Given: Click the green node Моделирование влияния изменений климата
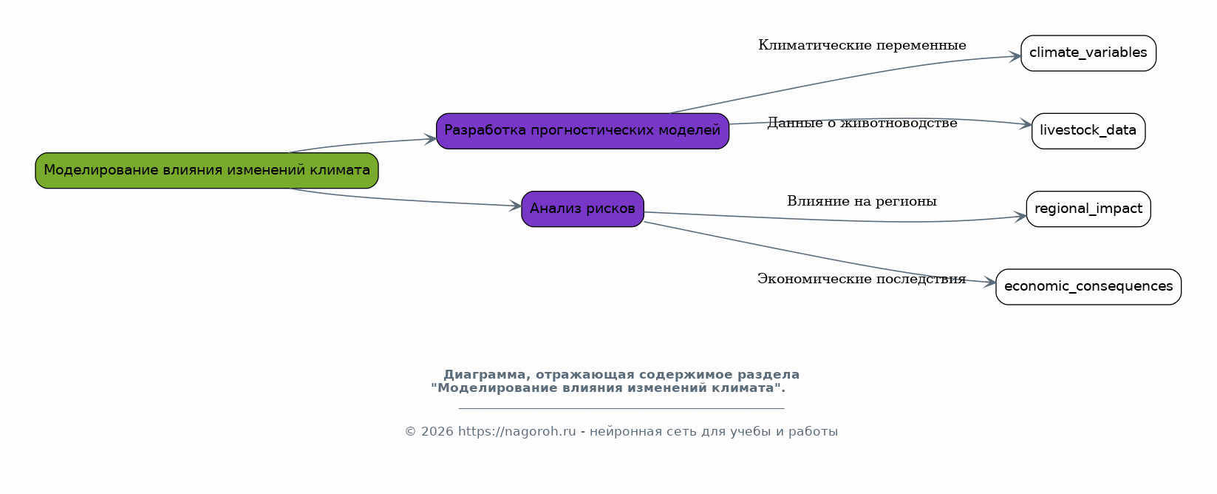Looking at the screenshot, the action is [206, 171].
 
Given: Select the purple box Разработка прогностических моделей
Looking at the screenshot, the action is [582, 131].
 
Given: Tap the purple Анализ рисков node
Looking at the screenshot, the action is [582, 209].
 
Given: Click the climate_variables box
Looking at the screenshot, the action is [1088, 53].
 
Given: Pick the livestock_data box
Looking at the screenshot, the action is [1088, 131].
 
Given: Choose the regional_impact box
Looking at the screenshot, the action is [1088, 209].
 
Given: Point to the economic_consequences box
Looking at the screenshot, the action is [1088, 287].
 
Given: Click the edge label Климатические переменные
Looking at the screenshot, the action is [862, 46].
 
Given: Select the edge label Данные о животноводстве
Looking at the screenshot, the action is [862, 123].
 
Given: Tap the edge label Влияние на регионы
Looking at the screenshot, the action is [862, 202].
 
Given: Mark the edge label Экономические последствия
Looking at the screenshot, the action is [862, 280].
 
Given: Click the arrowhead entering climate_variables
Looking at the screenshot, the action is [1015, 56].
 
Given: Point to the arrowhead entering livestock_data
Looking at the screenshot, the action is [1026, 124].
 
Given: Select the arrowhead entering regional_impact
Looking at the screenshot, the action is [1020, 217].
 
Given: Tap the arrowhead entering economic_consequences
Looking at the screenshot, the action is [990, 282].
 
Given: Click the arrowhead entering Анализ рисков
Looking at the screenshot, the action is [516, 206].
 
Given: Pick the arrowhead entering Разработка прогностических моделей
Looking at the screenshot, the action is [430, 139].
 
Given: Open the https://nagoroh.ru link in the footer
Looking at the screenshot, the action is [517, 431].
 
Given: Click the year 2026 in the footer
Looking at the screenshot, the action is [437, 431].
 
